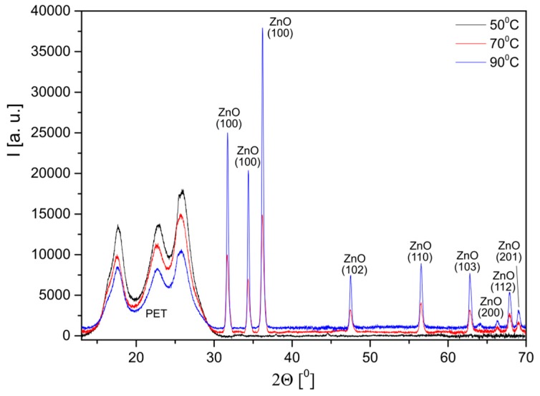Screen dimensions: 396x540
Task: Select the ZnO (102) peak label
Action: [x=355, y=264]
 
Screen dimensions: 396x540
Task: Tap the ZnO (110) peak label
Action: [x=420, y=252]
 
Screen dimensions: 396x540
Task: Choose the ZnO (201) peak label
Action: [x=509, y=251]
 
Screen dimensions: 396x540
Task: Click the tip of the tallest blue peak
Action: [x=262, y=29]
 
